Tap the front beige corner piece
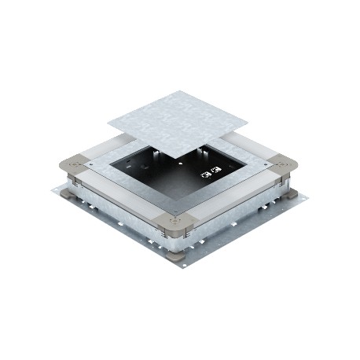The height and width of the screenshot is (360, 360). tap(174, 224)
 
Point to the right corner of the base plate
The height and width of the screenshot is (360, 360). tap(303, 194)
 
